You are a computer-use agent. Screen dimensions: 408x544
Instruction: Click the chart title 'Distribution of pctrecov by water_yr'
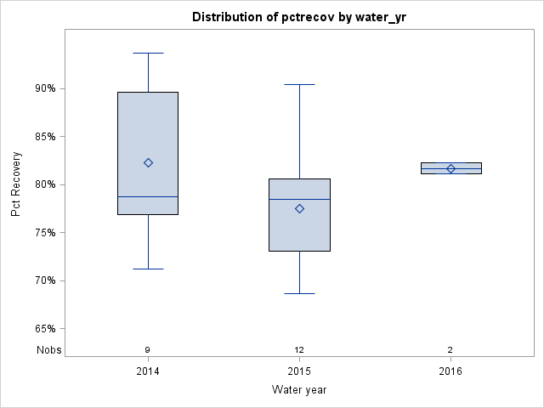(x=298, y=17)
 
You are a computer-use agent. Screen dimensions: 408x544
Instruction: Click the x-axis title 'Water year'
(x=299, y=390)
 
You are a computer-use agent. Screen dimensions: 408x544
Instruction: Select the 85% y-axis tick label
(x=44, y=136)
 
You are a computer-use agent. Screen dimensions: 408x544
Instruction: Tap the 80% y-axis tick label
(x=44, y=184)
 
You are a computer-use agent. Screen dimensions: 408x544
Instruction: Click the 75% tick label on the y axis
(x=44, y=233)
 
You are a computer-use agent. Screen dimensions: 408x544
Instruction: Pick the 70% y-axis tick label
(x=44, y=280)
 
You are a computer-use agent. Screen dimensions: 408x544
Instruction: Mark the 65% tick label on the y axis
(x=44, y=329)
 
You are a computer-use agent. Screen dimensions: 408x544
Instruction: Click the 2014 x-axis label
(x=148, y=371)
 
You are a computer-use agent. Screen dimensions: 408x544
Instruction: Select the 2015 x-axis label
(x=299, y=371)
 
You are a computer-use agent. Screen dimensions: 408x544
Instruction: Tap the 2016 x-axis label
(x=450, y=371)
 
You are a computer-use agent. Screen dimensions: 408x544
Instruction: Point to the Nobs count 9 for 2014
(x=148, y=349)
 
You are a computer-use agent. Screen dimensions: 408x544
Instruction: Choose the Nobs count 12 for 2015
(x=299, y=349)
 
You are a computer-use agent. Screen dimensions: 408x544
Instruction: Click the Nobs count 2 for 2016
(x=450, y=349)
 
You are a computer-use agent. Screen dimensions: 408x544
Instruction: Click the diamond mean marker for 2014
(x=148, y=162)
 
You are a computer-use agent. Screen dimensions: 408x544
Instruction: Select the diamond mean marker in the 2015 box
(x=299, y=208)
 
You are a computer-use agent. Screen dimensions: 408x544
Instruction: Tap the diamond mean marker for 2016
(x=450, y=168)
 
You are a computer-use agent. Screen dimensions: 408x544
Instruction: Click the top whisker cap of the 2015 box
(x=299, y=85)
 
